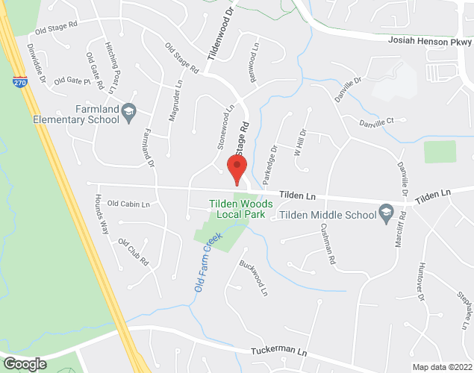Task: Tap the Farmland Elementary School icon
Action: tap(129, 111)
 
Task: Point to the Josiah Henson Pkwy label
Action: tap(428, 42)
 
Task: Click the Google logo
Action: tap(24, 364)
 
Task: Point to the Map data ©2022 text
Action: tap(442, 367)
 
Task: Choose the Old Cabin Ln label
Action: tap(128, 204)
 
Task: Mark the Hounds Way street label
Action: tap(102, 214)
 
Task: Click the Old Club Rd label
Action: tap(134, 252)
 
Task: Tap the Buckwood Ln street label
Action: tap(252, 276)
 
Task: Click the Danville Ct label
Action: tap(375, 122)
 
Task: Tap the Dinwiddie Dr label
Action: tap(37, 63)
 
